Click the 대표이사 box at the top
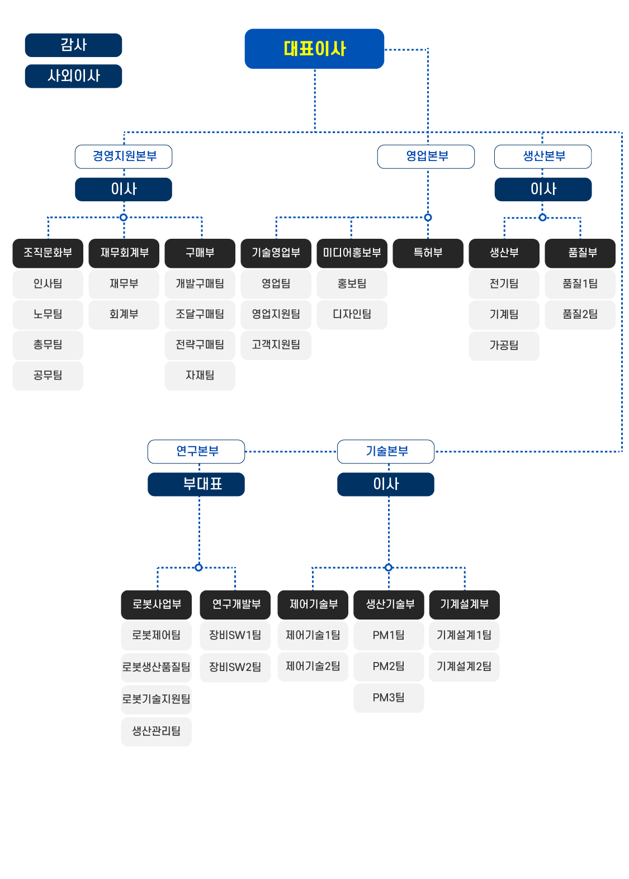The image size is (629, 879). pyautogui.click(x=314, y=49)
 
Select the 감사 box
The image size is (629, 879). pyautogui.click(x=73, y=45)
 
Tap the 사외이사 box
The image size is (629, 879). pyautogui.click(x=73, y=76)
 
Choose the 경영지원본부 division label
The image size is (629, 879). pyautogui.click(x=123, y=157)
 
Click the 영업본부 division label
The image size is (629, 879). pyautogui.click(x=425, y=157)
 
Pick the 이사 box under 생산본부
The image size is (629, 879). pyautogui.click(x=543, y=189)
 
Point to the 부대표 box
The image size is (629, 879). pyautogui.click(x=196, y=484)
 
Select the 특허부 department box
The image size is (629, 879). pyautogui.click(x=428, y=253)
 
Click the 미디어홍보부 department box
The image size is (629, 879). pyautogui.click(x=352, y=253)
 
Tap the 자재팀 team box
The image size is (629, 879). pyautogui.click(x=200, y=376)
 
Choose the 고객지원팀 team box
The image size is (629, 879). pyautogui.click(x=276, y=345)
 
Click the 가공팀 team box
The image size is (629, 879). pyautogui.click(x=504, y=346)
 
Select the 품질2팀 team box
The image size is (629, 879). pyautogui.click(x=580, y=314)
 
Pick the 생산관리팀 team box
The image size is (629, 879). pyautogui.click(x=156, y=731)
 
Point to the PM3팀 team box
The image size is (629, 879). pyautogui.click(x=389, y=698)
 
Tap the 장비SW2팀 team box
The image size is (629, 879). pyautogui.click(x=235, y=667)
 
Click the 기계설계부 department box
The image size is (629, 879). pyautogui.click(x=464, y=604)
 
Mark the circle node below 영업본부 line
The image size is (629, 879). pyautogui.click(x=428, y=218)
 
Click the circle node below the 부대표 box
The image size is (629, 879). pyautogui.click(x=198, y=568)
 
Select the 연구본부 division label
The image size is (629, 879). pyautogui.click(x=196, y=451)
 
